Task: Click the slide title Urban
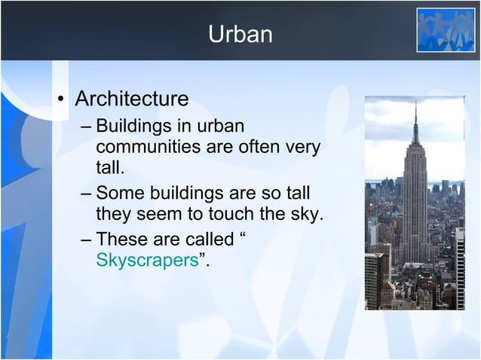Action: (240, 35)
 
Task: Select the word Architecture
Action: (131, 99)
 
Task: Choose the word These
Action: (122, 241)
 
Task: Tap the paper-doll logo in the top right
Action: (446, 29)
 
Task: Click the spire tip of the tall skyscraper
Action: (414, 104)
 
